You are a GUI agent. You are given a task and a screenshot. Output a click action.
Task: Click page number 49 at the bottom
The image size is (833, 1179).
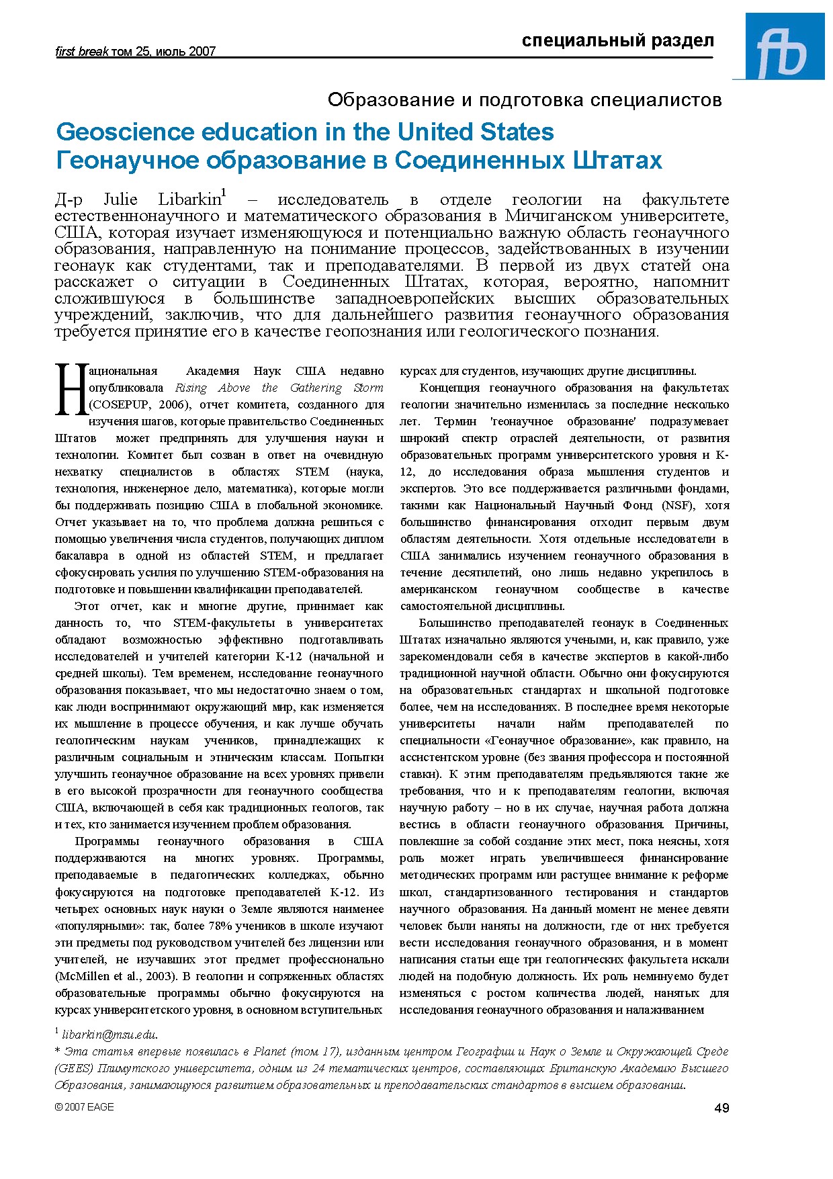pos(721,1108)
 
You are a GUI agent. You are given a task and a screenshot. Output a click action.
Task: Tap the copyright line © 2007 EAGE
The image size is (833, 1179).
pos(85,1107)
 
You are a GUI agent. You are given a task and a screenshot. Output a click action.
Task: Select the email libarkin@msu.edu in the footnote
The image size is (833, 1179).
pos(109,1035)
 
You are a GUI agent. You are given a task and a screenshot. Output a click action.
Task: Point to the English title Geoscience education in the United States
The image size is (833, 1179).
pos(305,132)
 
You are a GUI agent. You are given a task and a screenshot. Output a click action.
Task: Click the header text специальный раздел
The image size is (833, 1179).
pos(617,41)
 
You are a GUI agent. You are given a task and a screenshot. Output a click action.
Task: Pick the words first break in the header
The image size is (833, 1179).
pos(81,52)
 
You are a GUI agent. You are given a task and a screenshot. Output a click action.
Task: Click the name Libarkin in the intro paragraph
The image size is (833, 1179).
pos(189,200)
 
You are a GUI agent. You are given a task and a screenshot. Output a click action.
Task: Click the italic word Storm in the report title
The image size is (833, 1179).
pos(368,388)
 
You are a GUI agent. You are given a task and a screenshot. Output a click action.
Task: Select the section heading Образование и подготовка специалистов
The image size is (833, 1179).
pos(525,100)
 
